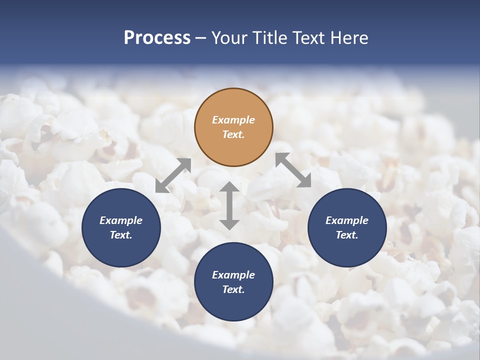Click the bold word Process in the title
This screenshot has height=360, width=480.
[157, 38]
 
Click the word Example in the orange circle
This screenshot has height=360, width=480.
[233, 120]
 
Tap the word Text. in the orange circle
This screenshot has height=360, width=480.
[233, 134]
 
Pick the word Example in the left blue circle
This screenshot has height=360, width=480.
[121, 220]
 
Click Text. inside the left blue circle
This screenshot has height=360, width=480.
[121, 235]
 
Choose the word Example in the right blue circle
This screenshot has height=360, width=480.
[347, 220]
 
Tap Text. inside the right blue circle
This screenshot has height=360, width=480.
[347, 235]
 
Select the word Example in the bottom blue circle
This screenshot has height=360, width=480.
[233, 275]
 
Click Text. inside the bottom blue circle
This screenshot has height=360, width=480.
[233, 289]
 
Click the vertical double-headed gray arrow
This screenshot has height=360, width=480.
[229, 205]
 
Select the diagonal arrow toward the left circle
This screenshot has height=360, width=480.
[173, 175]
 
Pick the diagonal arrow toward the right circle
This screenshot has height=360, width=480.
[293, 170]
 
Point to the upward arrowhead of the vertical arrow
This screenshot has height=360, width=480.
[229, 187]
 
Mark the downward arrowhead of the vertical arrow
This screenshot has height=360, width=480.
[229, 224]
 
